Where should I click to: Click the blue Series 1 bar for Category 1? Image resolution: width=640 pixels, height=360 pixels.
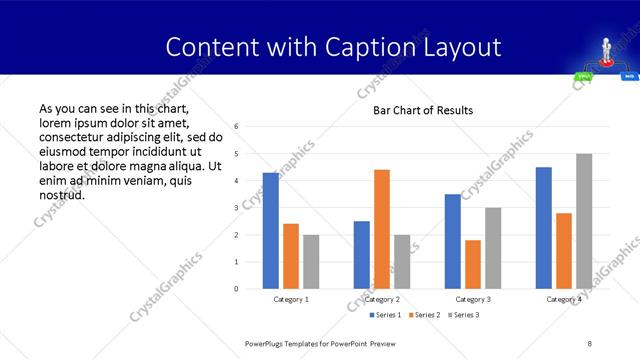(x=271, y=231)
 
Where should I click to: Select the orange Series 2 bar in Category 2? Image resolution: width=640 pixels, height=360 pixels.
(x=382, y=229)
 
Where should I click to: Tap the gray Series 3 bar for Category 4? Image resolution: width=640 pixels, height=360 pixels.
(x=584, y=221)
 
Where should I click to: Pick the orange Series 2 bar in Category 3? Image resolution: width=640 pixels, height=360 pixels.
(x=473, y=264)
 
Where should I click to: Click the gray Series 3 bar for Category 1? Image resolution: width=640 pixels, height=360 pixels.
(x=311, y=262)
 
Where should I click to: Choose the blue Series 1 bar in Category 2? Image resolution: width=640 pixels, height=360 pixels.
(x=362, y=255)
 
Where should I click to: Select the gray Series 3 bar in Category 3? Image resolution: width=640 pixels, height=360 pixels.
(x=493, y=248)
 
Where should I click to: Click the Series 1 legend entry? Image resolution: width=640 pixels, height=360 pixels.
(x=386, y=315)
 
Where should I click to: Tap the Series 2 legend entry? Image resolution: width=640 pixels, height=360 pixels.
(x=426, y=315)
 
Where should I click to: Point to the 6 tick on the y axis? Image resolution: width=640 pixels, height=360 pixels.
(x=235, y=127)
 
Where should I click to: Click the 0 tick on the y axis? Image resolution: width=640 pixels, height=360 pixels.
(x=235, y=289)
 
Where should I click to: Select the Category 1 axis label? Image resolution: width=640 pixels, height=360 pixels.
(x=291, y=299)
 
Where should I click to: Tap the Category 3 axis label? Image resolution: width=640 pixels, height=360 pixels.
(x=473, y=299)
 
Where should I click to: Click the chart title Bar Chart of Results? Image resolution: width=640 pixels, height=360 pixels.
(x=423, y=110)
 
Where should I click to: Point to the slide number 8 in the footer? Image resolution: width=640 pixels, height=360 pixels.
(x=590, y=343)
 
